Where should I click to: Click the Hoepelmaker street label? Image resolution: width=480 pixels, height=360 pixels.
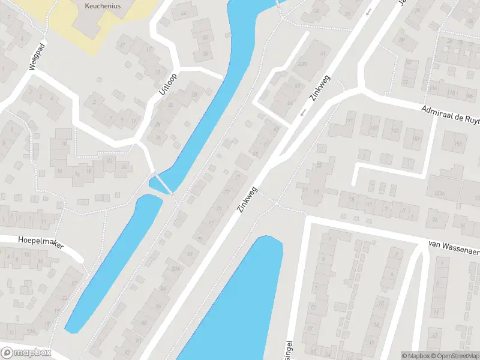tap(40, 243)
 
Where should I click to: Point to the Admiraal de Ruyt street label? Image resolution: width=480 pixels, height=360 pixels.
tap(450, 114)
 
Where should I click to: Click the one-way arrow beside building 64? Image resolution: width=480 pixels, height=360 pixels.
tap(303, 112)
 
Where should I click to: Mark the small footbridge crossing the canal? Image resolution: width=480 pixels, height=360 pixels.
tap(161, 183)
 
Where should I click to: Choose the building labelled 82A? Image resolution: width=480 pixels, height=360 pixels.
tap(176, 269)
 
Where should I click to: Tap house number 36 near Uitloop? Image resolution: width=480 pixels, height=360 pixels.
tap(194, 95)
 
